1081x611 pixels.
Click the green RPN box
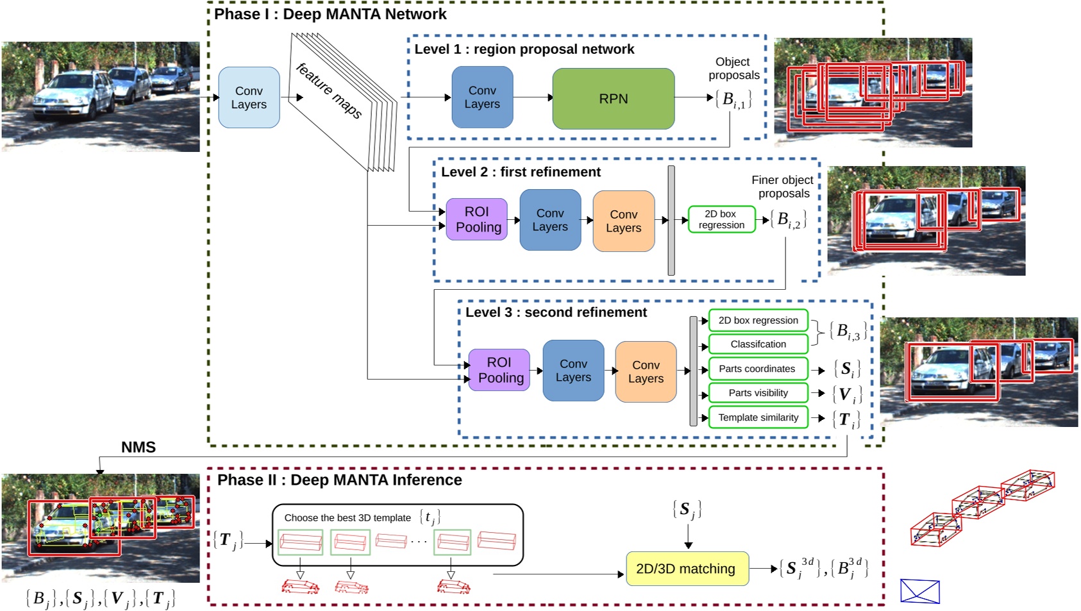[613, 99]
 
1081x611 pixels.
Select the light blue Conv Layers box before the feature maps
[249, 97]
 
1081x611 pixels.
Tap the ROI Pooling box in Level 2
[477, 219]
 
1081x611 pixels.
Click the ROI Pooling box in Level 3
[499, 370]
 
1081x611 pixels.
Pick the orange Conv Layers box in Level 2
[623, 221]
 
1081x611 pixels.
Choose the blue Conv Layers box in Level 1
[482, 97]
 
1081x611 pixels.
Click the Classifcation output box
[758, 344]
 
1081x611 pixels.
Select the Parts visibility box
[758, 393]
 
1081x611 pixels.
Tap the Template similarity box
[758, 417]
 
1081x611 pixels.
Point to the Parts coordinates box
[757, 369]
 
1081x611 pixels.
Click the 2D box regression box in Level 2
[721, 219]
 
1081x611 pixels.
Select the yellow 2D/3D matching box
[687, 569]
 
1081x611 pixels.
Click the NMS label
[138, 448]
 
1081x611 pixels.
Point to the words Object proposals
[733, 69]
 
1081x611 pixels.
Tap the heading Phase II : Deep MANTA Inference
[339, 480]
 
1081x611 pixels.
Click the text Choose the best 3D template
[348, 518]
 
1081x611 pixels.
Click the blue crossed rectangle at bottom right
[919, 591]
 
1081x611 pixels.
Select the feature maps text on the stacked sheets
[329, 90]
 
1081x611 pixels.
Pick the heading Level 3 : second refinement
[555, 312]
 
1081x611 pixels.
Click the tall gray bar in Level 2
[671, 221]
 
